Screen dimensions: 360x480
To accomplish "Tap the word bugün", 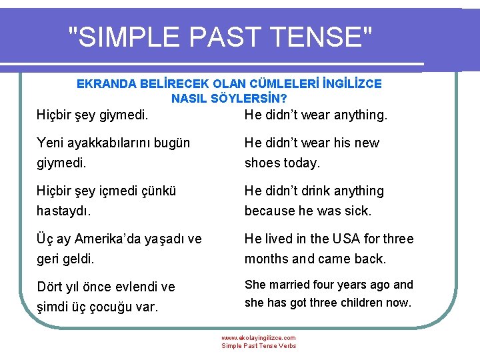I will pyautogui.click(x=173, y=143).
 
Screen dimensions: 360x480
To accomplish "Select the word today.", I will pyautogui.click(x=302, y=163).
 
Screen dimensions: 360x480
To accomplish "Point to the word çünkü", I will pyautogui.click(x=159, y=191).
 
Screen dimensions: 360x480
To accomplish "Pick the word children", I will pyautogui.click(x=359, y=303).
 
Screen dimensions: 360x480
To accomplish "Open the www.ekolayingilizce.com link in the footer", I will pyautogui.click(x=259, y=338).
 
